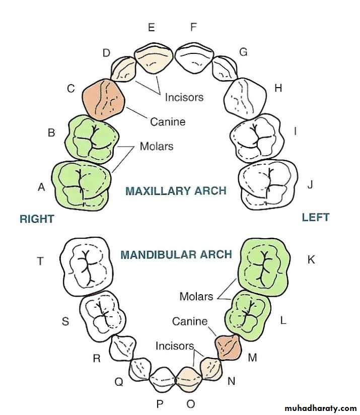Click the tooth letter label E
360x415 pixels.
(x=151, y=28)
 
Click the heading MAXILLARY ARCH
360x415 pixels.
(x=176, y=191)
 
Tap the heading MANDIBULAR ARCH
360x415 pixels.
(x=176, y=254)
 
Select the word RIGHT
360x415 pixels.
(x=37, y=219)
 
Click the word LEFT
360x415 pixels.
(x=316, y=218)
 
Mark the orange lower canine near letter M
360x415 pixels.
(x=230, y=347)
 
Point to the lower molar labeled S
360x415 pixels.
(x=103, y=314)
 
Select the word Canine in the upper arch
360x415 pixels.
(x=168, y=122)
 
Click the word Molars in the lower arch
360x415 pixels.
(x=196, y=297)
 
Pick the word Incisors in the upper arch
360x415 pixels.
(x=184, y=97)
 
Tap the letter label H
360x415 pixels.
(x=278, y=89)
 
